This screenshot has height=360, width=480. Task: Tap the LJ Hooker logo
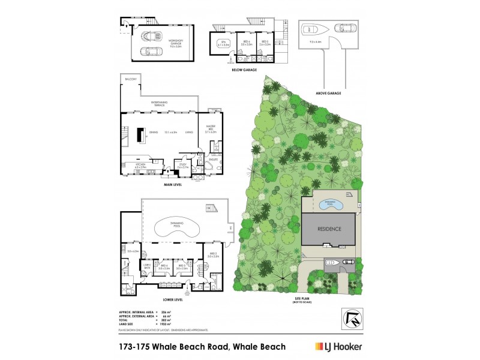click(x=339, y=346)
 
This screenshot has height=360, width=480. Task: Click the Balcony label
click(x=131, y=79)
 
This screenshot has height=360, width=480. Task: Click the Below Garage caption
click(x=244, y=70)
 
